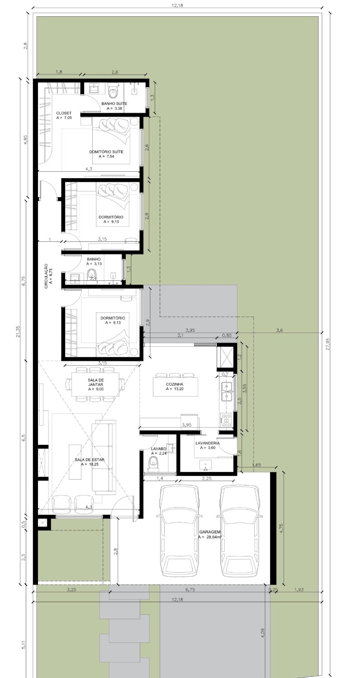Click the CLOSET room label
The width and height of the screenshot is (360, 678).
(64, 113)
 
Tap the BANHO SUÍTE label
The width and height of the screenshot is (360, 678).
(114, 104)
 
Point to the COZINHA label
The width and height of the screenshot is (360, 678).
(175, 384)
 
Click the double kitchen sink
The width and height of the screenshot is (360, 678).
(227, 391)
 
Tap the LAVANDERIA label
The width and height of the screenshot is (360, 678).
(208, 443)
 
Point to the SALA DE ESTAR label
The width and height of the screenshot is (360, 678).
(90, 460)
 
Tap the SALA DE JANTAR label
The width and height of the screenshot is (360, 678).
(96, 382)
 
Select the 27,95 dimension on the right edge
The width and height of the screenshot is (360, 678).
(327, 344)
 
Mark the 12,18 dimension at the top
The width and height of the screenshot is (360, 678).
(177, 5)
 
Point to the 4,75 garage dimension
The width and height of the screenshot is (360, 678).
(282, 527)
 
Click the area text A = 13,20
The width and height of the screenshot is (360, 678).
(175, 389)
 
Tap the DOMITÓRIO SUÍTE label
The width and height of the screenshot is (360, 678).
(106, 151)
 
